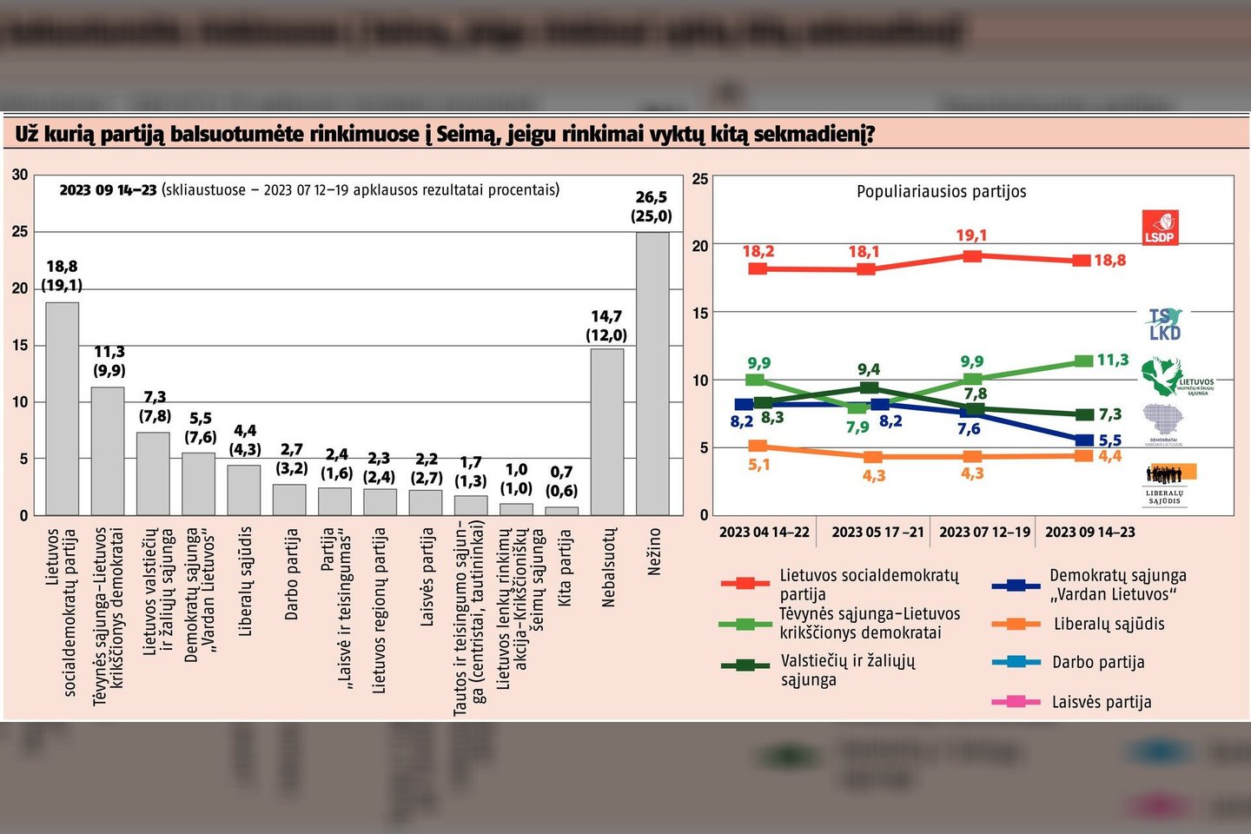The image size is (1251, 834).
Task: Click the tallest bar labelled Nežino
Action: [x=652, y=374]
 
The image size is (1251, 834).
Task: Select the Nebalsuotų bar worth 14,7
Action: [x=606, y=432]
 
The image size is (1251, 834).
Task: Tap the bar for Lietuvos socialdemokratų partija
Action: [x=63, y=408]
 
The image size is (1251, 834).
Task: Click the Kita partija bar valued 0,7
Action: [x=561, y=511]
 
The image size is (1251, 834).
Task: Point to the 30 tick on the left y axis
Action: [x=20, y=175]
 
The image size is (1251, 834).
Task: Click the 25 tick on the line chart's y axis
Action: [x=699, y=179]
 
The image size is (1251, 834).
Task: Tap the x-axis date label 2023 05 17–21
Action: [x=877, y=532]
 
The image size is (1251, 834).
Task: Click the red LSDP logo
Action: [x=1160, y=228]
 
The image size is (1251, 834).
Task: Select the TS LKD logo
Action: [x=1164, y=324]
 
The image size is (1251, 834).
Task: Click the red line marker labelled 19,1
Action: [x=972, y=256]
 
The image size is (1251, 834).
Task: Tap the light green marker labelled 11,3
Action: [x=1082, y=361]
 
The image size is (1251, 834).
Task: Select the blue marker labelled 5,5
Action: [x=1083, y=440]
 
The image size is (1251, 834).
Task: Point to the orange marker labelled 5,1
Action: [x=758, y=447]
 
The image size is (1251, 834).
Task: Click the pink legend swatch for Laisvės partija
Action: [x=1016, y=701]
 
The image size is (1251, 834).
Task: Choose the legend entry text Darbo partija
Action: [x=1098, y=662]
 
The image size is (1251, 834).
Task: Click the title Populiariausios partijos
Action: [x=941, y=191]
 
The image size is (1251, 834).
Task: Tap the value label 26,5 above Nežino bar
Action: [x=652, y=197]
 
